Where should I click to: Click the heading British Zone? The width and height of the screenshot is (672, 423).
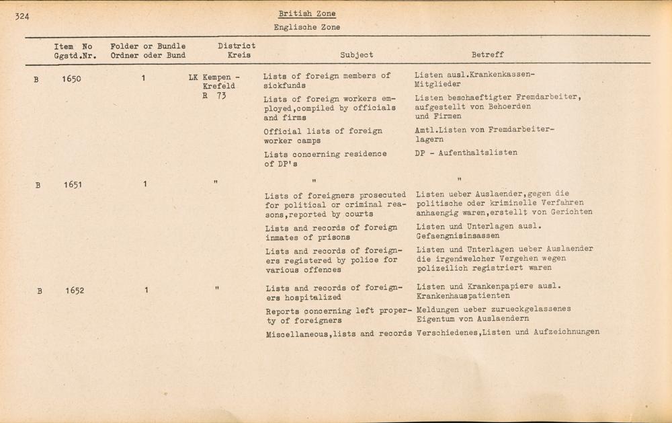tap(307, 13)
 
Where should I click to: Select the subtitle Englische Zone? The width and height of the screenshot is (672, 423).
tap(306, 28)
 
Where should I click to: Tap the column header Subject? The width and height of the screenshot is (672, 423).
tap(356, 55)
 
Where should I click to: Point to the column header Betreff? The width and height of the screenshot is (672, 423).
tap(487, 55)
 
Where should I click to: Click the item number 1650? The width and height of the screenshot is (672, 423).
tap(71, 79)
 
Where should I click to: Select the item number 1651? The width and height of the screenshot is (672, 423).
tap(73, 184)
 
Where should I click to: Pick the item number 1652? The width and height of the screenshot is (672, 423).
tap(75, 291)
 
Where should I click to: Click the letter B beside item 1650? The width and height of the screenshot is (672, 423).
tap(36, 79)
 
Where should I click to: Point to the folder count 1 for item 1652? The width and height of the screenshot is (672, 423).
tap(146, 291)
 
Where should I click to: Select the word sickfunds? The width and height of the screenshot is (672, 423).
tap(284, 86)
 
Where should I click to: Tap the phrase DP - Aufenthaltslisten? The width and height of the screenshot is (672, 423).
tap(466, 153)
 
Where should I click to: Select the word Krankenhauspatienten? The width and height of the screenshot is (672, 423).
tap(463, 296)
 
